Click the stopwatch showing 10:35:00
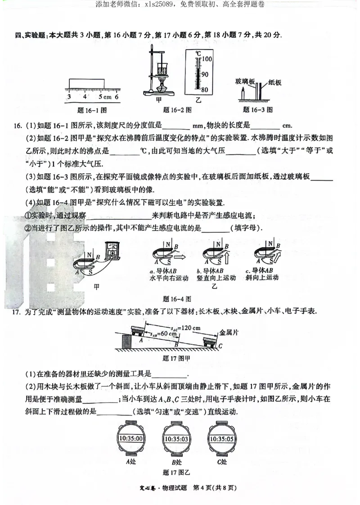click(131, 439)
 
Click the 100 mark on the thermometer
click(206, 59)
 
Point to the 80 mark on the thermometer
click(205, 90)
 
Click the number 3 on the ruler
click(68, 97)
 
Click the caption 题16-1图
click(92, 109)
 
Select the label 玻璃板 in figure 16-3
click(245, 82)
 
